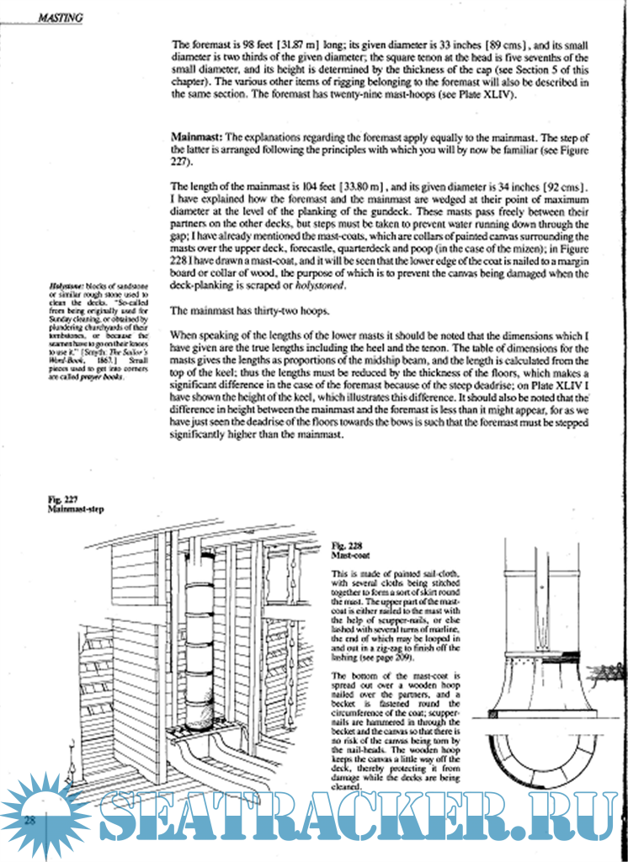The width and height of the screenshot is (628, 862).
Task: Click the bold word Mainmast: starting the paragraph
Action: point(195,136)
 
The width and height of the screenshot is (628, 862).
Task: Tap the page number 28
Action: point(29,821)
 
